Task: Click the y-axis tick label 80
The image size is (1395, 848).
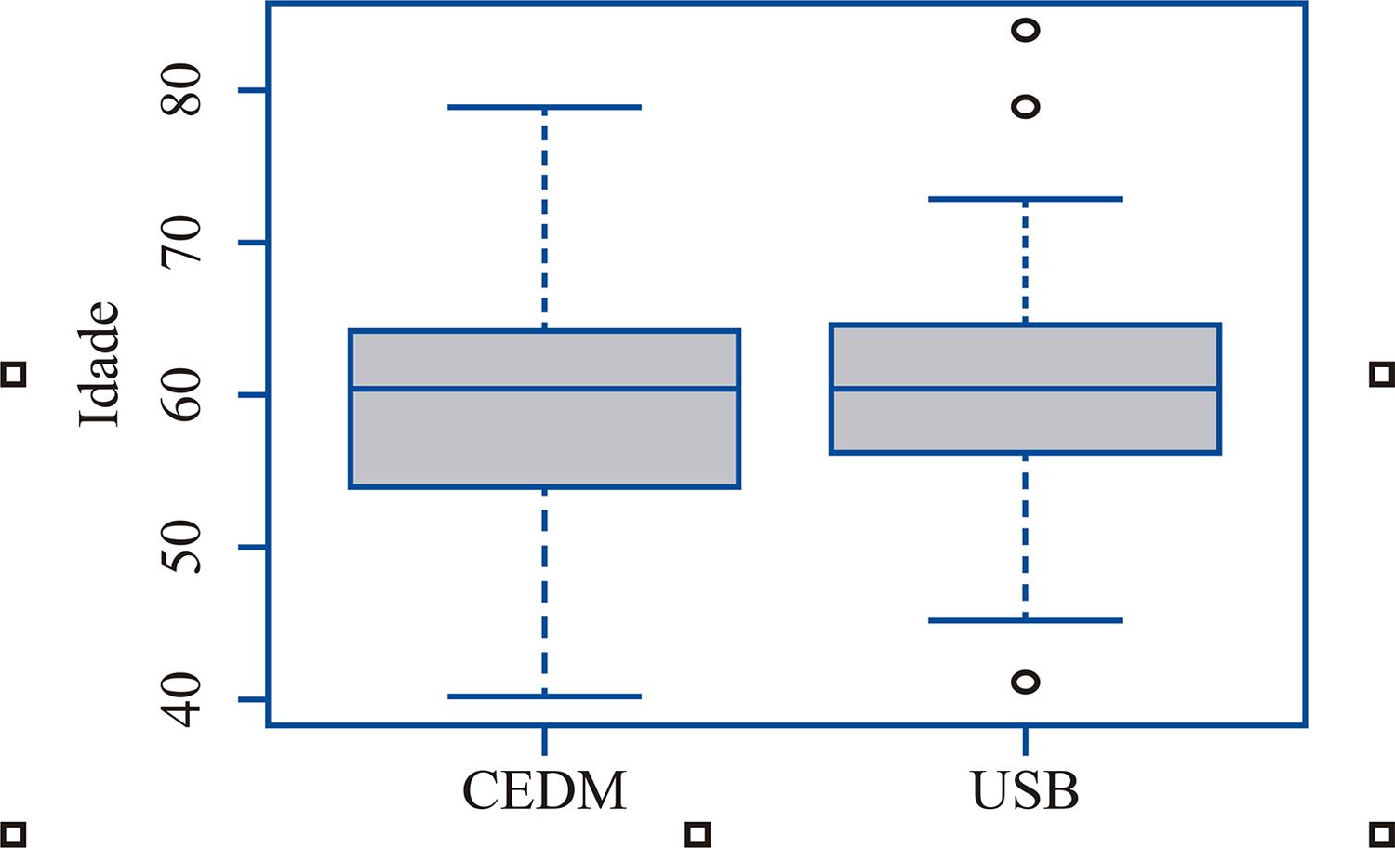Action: coord(181,90)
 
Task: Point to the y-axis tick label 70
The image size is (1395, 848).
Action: coord(181,243)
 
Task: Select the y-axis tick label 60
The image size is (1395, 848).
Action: coord(181,395)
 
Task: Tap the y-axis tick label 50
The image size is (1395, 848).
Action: coord(181,547)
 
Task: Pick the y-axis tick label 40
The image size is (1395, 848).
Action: coord(181,699)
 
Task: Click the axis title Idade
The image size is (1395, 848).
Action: coord(100,364)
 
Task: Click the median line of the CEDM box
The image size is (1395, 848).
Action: coord(544,388)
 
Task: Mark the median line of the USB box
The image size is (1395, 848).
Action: coord(1026,388)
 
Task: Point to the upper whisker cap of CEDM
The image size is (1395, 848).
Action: coord(544,107)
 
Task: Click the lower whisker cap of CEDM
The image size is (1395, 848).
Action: coord(544,696)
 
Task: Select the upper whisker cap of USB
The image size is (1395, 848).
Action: coord(1026,199)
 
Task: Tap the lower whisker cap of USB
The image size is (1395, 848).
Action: coord(1026,620)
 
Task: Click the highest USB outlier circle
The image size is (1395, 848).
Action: coord(1026,30)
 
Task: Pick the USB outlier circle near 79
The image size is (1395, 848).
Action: coord(1026,107)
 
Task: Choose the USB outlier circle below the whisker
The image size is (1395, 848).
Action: coord(1026,682)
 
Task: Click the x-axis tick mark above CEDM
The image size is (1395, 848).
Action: coord(544,741)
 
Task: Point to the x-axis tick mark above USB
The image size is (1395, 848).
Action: coord(1026,741)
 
